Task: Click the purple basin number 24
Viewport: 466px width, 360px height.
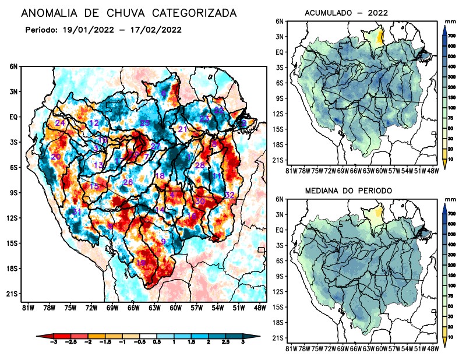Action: [59, 123]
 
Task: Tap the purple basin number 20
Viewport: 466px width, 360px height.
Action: [56, 157]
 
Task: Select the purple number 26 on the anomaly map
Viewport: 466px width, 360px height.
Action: [128, 183]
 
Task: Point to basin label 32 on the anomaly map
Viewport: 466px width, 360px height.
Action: [230, 195]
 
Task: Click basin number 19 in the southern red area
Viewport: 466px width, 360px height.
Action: [140, 263]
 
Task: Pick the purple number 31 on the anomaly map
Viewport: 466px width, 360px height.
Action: [76, 211]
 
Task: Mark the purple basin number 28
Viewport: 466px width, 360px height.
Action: [200, 166]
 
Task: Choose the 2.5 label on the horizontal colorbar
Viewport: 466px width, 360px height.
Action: [227, 345]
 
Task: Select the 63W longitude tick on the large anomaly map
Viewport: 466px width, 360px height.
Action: [154, 308]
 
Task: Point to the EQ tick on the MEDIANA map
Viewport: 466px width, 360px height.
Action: [280, 230]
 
